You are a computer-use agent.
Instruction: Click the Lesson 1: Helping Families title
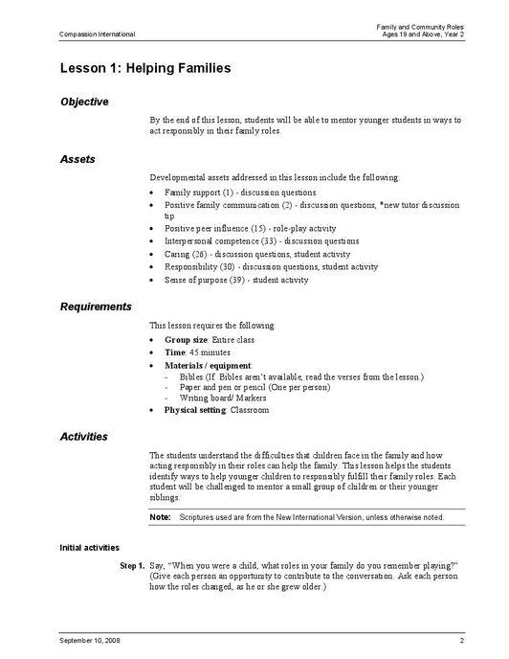tap(144, 69)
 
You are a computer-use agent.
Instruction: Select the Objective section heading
tap(84, 102)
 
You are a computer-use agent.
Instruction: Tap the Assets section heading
tap(77, 159)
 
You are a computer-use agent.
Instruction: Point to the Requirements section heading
tap(96, 307)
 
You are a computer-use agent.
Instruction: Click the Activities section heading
tap(84, 437)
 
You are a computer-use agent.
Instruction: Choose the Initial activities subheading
tap(90, 548)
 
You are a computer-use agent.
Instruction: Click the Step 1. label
tap(131, 567)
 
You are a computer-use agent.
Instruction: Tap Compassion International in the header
tap(98, 34)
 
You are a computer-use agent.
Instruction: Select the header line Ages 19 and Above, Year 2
tap(424, 34)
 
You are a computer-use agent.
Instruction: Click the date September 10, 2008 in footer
tap(89, 640)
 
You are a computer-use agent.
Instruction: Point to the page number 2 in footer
tap(461, 640)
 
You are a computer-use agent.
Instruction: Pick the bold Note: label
tap(161, 517)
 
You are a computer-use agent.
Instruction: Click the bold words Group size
tap(186, 340)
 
